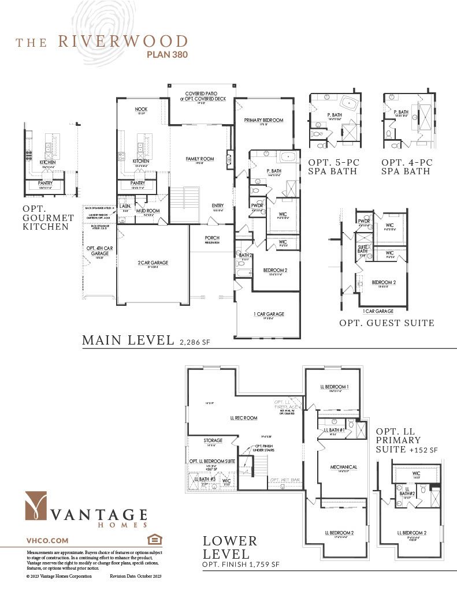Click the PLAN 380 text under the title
pyautogui.click(x=164, y=55)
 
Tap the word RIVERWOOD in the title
pyautogui.click(x=122, y=42)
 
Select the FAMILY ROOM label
pyautogui.click(x=200, y=159)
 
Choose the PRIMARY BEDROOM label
pyautogui.click(x=263, y=120)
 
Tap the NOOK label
pyautogui.click(x=141, y=109)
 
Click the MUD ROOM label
pyautogui.click(x=148, y=211)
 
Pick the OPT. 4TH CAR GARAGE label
pyautogui.click(x=98, y=250)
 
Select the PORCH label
pyautogui.click(x=212, y=238)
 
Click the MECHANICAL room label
pyautogui.click(x=343, y=467)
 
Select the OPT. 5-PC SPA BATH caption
pyautogui.click(x=333, y=167)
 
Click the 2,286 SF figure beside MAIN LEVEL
pyautogui.click(x=195, y=342)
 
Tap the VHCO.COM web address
pyautogui.click(x=47, y=540)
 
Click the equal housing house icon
pyautogui.click(x=154, y=540)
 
